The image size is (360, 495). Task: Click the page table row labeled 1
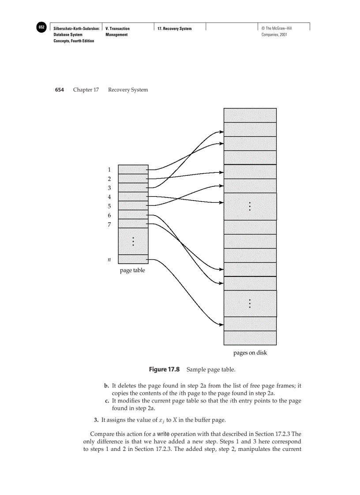tap(133, 169)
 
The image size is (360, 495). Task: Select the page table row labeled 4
tap(133, 197)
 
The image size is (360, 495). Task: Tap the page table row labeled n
tap(133, 259)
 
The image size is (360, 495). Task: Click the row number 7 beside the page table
tap(109, 224)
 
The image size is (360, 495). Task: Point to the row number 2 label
tap(109, 179)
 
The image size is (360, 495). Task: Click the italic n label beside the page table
tap(109, 260)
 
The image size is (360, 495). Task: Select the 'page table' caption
tap(132, 270)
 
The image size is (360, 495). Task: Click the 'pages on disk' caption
tap(250, 353)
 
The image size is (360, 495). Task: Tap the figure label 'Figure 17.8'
tap(164, 369)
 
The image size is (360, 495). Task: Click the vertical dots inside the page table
tap(133, 241)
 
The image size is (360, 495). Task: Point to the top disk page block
tap(250, 115)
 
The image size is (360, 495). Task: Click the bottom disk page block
tap(250, 338)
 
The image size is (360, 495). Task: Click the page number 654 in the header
tap(60, 90)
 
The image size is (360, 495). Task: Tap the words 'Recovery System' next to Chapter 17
tap(128, 90)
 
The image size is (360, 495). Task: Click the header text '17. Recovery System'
tap(175, 29)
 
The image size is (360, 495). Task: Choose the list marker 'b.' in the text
tap(107, 386)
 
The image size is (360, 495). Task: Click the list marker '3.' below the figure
tap(96, 419)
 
